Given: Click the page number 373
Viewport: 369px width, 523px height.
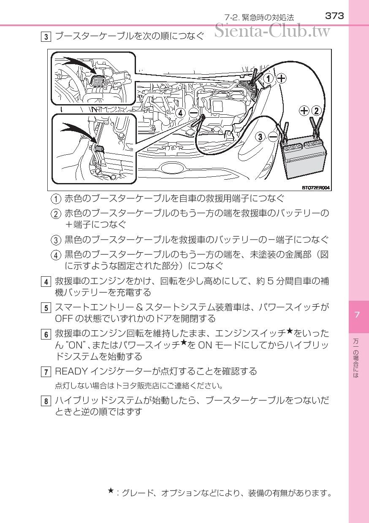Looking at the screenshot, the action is coord(334,16).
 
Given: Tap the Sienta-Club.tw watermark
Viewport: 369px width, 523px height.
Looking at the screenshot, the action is coord(272,31).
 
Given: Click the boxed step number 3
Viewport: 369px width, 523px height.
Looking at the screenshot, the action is coord(46,37).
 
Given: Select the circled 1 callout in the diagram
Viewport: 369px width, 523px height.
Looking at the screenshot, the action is coord(269,78).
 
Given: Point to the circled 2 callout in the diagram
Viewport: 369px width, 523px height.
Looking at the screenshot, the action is coord(317,111).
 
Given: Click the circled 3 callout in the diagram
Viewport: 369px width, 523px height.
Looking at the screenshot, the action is coord(260,137).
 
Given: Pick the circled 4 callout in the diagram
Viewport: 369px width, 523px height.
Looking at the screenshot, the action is coord(181,113).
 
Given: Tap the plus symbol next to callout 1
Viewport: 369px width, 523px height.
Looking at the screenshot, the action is coord(282,78).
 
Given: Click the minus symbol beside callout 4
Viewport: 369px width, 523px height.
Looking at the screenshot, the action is coord(194,113).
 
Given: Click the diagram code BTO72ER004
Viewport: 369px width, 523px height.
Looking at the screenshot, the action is coord(315,188).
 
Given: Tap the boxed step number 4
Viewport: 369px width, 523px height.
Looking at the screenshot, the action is coord(46,282).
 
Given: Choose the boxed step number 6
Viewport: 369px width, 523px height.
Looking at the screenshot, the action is coord(46,334).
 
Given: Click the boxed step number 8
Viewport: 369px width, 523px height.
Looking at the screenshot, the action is coord(46,401).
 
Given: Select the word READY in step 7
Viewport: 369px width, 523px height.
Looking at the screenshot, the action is coord(71,371).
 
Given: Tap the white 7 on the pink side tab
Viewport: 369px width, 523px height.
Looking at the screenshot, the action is coord(357,315).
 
